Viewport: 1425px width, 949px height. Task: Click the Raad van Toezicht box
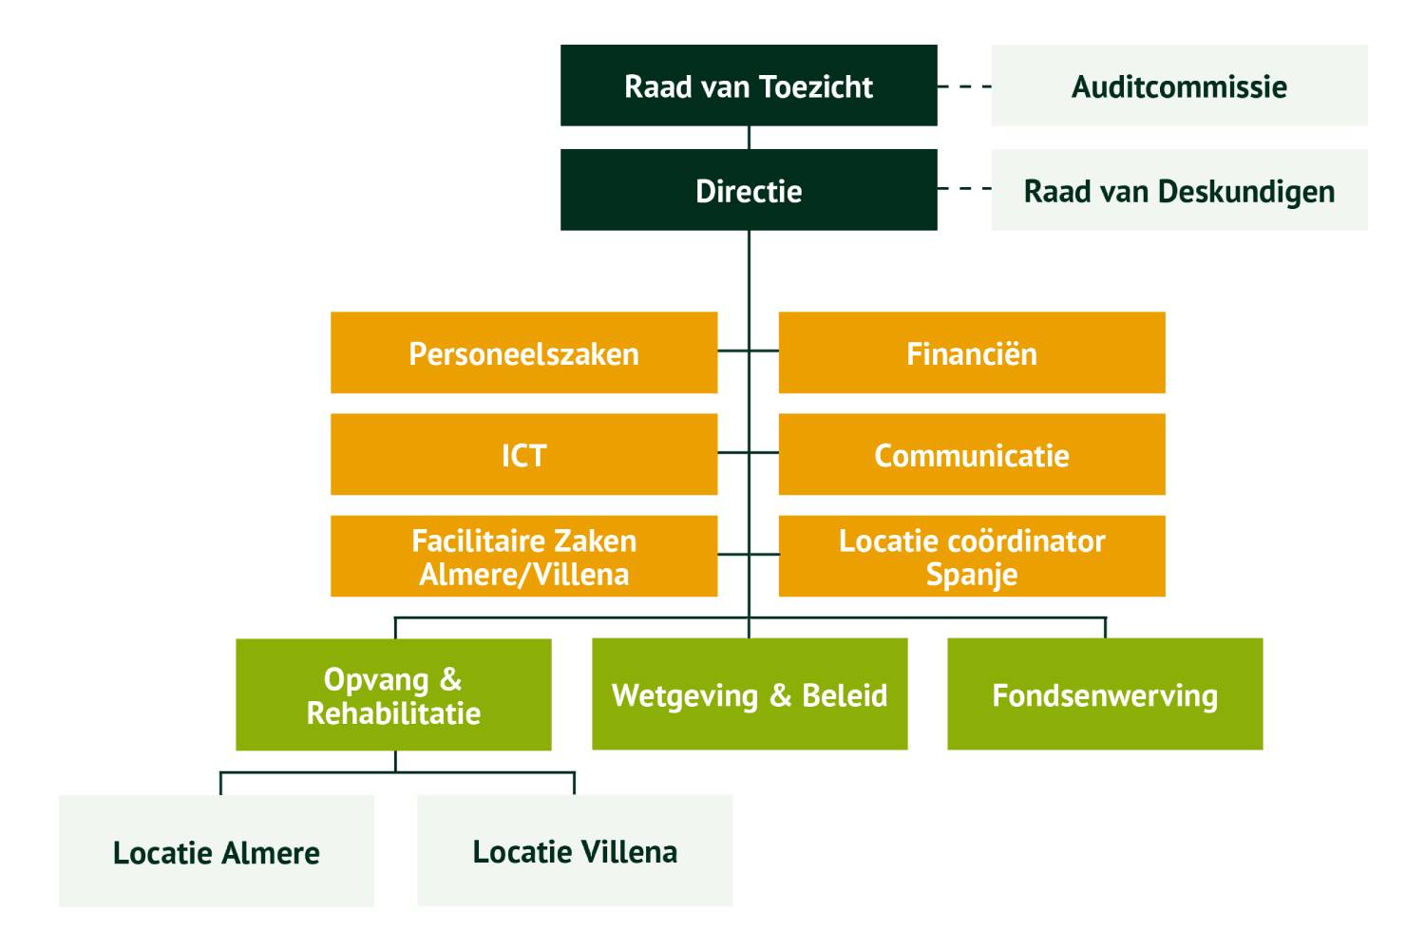point(749,85)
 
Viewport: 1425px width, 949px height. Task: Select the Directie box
point(749,190)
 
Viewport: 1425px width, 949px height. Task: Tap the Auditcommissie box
point(1179,85)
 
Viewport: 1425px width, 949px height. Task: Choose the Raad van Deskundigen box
point(1179,190)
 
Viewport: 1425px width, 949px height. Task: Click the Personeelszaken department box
point(523,352)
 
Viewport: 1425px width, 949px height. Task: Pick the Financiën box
point(971,352)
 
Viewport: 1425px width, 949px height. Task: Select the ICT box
point(523,454)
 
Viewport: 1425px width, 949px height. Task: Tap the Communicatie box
point(971,454)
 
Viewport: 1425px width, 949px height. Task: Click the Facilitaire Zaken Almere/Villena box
point(523,556)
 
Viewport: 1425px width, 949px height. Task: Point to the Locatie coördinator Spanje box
point(971,556)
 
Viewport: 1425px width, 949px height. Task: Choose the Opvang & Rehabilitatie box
point(393,694)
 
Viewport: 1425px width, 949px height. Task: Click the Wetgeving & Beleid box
point(750,694)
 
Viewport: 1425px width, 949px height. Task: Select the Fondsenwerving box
point(1105,694)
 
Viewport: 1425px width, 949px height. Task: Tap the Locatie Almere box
point(217,851)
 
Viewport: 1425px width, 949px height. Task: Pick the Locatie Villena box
point(575,851)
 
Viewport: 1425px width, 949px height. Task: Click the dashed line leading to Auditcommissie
point(964,86)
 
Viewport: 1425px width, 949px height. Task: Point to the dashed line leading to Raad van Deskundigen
point(964,189)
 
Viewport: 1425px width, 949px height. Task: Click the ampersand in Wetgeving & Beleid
point(780,695)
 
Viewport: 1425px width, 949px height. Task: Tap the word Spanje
point(971,575)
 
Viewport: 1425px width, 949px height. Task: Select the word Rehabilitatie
point(393,713)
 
